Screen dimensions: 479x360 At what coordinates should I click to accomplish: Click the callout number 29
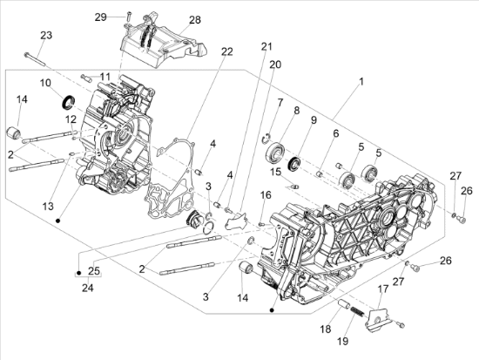coord(100,17)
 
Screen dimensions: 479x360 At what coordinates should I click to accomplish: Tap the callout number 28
coord(195,20)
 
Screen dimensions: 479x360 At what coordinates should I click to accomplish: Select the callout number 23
coord(46,35)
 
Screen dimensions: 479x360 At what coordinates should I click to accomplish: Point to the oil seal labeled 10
coord(68,102)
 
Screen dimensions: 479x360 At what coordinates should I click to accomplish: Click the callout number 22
coord(227,51)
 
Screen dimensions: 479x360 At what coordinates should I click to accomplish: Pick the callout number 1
coord(361,82)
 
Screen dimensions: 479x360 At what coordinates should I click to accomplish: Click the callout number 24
coord(88,288)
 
